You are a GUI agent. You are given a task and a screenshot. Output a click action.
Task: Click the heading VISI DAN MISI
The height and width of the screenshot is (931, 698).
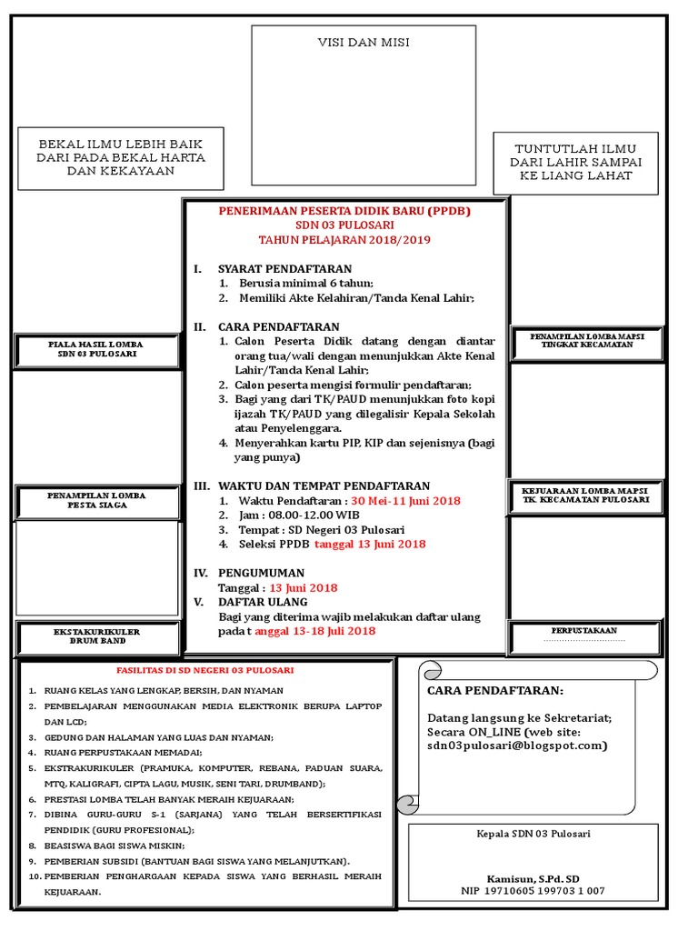pyautogui.click(x=364, y=44)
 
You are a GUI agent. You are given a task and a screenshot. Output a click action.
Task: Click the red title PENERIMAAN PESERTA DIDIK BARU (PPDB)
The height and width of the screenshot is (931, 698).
pyautogui.click(x=345, y=211)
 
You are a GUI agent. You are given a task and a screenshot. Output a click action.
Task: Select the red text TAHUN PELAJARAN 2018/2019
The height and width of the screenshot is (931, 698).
pyautogui.click(x=344, y=240)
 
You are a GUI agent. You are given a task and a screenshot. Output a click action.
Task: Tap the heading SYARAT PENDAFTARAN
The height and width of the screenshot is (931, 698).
pyautogui.click(x=284, y=269)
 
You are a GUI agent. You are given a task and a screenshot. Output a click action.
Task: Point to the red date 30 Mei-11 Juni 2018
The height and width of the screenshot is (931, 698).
pyautogui.click(x=405, y=501)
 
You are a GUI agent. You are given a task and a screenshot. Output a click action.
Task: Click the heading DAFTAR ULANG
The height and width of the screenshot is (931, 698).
pyautogui.click(x=263, y=602)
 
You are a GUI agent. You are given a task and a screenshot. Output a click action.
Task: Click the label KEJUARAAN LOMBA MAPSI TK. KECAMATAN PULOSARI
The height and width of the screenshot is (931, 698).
pyautogui.click(x=586, y=496)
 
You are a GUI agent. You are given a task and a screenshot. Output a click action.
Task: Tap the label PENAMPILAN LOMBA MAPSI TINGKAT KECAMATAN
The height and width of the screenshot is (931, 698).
pyautogui.click(x=586, y=341)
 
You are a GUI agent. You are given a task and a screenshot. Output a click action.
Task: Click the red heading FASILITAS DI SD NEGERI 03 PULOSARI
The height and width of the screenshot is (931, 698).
pyautogui.click(x=206, y=670)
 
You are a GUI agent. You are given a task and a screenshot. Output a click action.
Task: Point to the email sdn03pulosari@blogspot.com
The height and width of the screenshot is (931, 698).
pyautogui.click(x=516, y=745)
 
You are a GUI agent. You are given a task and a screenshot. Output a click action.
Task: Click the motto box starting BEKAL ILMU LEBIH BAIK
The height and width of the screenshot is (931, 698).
pyautogui.click(x=120, y=157)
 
